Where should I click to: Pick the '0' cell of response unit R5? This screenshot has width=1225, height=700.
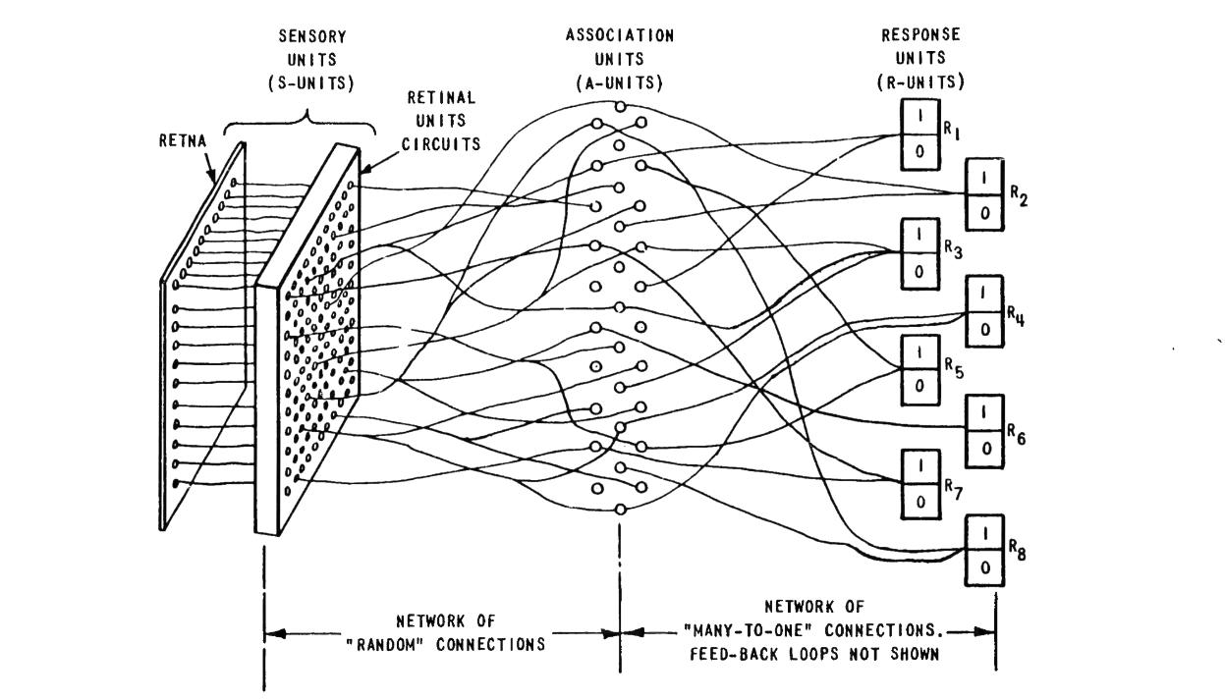pyautogui.click(x=919, y=386)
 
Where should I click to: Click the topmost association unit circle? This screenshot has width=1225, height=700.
pyautogui.click(x=619, y=106)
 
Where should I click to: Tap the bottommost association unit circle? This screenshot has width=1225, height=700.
pyautogui.click(x=620, y=508)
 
